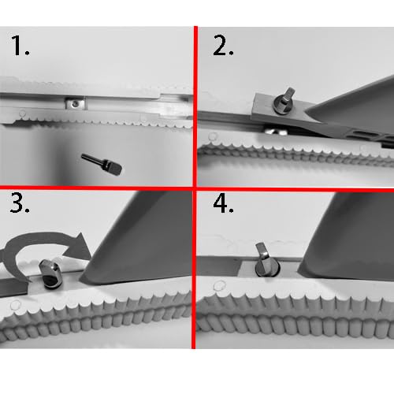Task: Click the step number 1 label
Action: [20, 48]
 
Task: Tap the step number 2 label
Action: [223, 46]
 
